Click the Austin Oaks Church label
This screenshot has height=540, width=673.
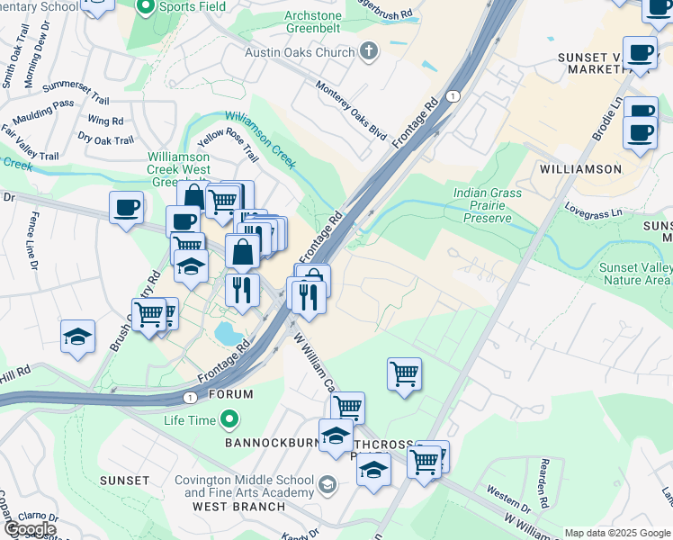coord(301,52)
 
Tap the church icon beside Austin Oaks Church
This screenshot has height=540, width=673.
coord(368,52)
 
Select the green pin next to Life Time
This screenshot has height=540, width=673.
coord(229,419)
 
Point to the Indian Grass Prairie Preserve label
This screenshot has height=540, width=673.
coord(481,205)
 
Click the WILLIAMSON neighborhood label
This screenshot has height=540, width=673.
coord(580,169)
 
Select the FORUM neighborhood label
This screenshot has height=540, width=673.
coord(229,394)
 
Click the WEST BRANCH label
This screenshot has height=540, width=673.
coord(238,507)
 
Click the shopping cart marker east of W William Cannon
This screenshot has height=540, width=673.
coord(404,373)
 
